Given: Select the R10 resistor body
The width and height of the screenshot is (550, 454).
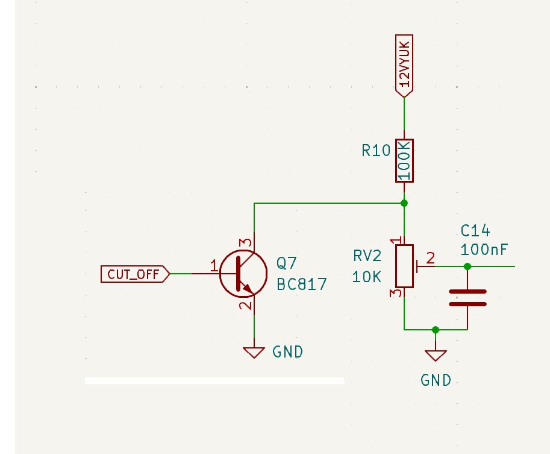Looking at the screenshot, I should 404,160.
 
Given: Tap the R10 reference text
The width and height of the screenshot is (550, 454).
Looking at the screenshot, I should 377,151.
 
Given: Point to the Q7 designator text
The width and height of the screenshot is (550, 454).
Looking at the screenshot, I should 287,263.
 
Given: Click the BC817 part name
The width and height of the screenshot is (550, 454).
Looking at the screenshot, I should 301,284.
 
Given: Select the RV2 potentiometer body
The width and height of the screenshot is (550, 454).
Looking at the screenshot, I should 404,266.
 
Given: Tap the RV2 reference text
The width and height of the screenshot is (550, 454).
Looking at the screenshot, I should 367,257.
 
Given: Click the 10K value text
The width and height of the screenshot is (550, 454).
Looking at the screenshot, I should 367,277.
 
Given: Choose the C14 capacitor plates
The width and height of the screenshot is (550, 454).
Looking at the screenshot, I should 467,298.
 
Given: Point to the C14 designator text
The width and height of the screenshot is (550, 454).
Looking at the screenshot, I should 475,230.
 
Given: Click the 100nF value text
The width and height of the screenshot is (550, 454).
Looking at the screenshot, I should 484,249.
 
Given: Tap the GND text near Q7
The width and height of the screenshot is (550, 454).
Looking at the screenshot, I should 288,352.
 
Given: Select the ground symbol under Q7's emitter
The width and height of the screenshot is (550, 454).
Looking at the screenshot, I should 254,352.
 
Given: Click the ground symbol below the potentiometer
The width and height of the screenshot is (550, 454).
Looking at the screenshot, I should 436,355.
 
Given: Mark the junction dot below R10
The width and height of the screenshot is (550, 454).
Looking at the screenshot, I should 404,203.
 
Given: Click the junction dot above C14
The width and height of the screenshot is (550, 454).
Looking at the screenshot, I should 467,266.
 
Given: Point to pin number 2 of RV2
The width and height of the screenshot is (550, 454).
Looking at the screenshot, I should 431,259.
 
